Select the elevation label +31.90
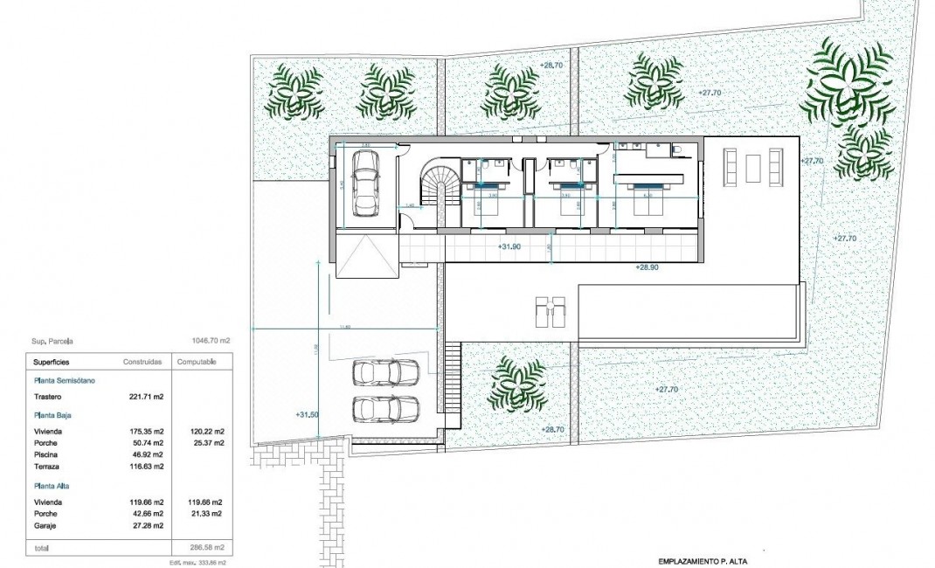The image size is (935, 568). [x=509, y=247]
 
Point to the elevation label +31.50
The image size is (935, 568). [x=307, y=415]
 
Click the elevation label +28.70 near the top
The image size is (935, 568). [x=551, y=66]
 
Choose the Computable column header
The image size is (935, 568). [x=197, y=361]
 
